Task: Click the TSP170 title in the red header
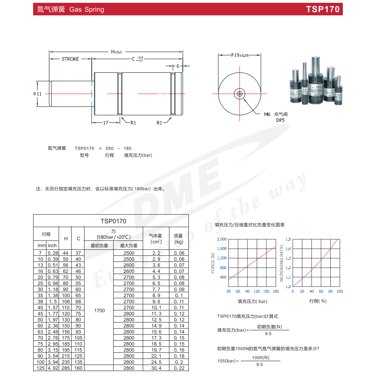[x=323, y=9]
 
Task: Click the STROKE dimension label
[x=70, y=59]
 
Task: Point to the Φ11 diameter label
[x=38, y=94]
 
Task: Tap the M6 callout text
[x=267, y=114]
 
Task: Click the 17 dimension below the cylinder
[x=106, y=122]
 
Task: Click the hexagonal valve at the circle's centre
[x=240, y=94]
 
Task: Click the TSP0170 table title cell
[x=111, y=221]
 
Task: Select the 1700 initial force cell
[x=99, y=310]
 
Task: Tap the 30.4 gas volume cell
[x=156, y=368]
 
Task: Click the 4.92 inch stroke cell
[x=53, y=368]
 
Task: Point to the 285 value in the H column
[x=66, y=368]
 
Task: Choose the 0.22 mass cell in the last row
[x=179, y=368]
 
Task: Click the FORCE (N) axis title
[x=213, y=263]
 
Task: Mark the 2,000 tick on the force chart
[x=222, y=240]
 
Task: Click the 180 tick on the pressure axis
[x=276, y=291]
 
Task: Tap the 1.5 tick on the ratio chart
[x=288, y=240]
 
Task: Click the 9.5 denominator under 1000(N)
[x=260, y=365]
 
